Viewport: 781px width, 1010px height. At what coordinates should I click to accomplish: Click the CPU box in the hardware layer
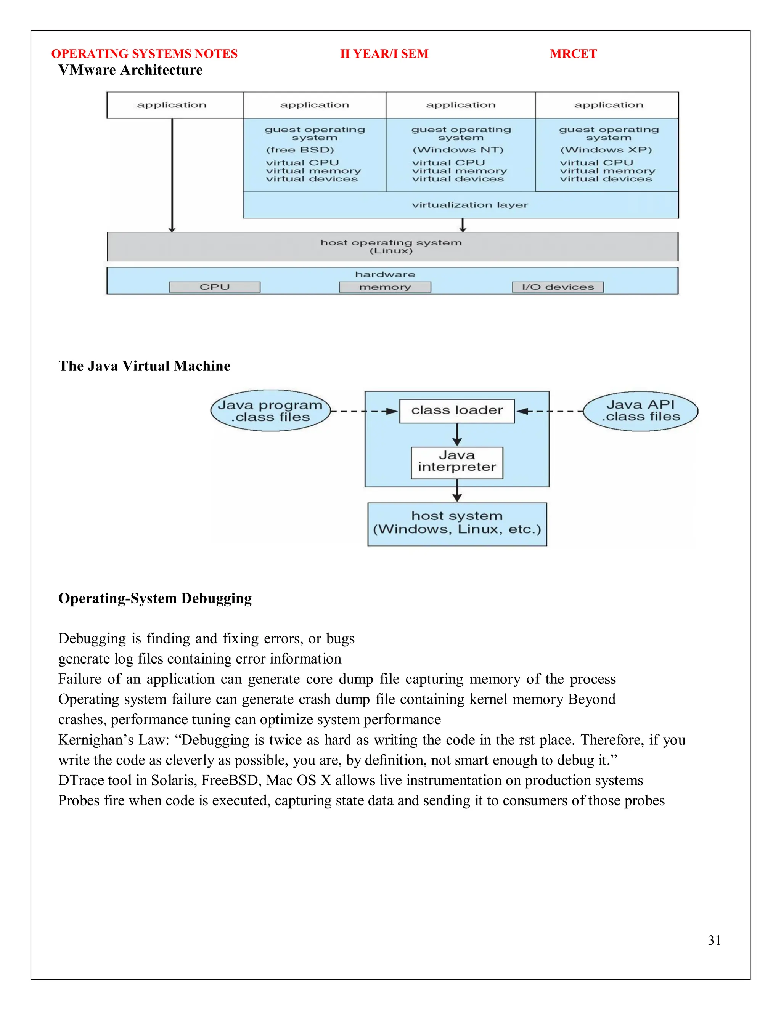[215, 287]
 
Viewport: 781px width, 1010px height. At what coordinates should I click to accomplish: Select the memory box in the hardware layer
[385, 287]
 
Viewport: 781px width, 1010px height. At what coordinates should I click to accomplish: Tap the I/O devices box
[558, 287]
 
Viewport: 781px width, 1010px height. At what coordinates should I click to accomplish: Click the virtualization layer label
[469, 205]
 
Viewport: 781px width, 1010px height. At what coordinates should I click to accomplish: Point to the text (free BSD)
[300, 150]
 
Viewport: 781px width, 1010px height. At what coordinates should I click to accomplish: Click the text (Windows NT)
[458, 150]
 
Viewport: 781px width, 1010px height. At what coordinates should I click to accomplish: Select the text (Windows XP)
[606, 150]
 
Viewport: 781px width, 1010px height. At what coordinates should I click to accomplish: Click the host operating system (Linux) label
[391, 247]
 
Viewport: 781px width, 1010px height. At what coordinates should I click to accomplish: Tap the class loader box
[456, 410]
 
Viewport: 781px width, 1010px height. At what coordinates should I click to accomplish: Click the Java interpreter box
[456, 462]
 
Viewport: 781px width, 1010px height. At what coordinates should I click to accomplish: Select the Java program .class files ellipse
[270, 410]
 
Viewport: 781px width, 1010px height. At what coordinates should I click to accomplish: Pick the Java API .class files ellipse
[640, 410]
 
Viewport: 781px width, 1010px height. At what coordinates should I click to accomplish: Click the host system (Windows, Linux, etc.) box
[456, 524]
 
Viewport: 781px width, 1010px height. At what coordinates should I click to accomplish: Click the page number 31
[714, 940]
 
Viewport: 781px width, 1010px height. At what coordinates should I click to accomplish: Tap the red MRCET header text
[573, 54]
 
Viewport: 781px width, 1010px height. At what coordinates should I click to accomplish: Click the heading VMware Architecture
[130, 70]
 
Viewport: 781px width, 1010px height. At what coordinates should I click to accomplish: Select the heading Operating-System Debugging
[155, 598]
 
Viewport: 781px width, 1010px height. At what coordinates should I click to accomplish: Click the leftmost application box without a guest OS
[172, 105]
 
